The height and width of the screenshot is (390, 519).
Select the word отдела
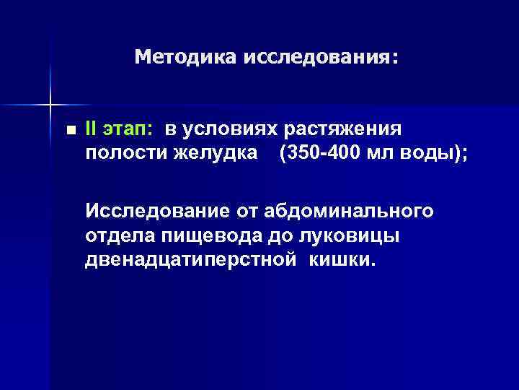pyautogui.click(x=115, y=235)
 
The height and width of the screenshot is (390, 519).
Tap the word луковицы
pyautogui.click(x=337, y=235)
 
